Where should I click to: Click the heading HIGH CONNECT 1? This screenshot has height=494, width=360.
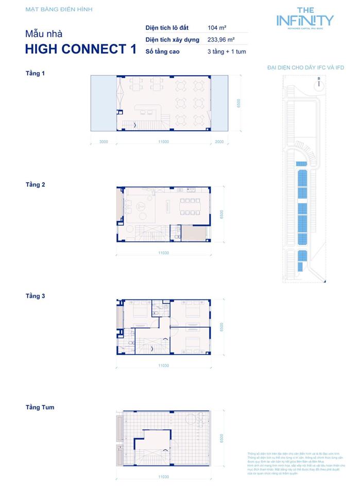click(x=81, y=49)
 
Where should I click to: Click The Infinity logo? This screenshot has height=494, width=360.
click(x=305, y=19)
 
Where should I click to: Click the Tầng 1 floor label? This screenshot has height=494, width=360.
click(x=35, y=74)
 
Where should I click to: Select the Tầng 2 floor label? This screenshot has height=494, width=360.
click(x=35, y=184)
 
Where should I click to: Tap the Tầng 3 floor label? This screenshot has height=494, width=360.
click(x=35, y=296)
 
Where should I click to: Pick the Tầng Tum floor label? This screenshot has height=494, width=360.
click(x=40, y=408)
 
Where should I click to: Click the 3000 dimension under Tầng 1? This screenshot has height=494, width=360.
click(x=104, y=142)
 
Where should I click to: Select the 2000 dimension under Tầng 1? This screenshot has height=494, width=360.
click(x=219, y=142)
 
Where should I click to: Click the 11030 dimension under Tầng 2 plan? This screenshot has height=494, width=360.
click(x=164, y=253)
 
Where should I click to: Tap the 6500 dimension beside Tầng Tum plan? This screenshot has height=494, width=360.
click(x=221, y=438)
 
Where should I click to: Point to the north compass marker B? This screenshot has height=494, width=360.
click(x=319, y=80)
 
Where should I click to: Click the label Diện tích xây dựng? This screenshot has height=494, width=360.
click(x=172, y=40)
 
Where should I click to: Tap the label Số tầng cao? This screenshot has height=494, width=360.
click(x=163, y=52)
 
